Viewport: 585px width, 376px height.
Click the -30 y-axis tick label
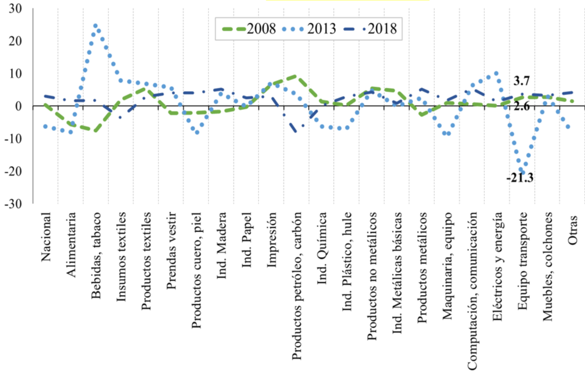click(16, 203)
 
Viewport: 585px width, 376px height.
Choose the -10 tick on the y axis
click(16, 138)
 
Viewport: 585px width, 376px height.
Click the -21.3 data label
click(520, 179)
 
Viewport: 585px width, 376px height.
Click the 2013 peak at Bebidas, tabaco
click(96, 26)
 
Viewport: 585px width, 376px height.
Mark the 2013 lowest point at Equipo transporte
click(522, 170)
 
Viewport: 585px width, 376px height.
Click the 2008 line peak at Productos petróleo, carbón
click(295, 77)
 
